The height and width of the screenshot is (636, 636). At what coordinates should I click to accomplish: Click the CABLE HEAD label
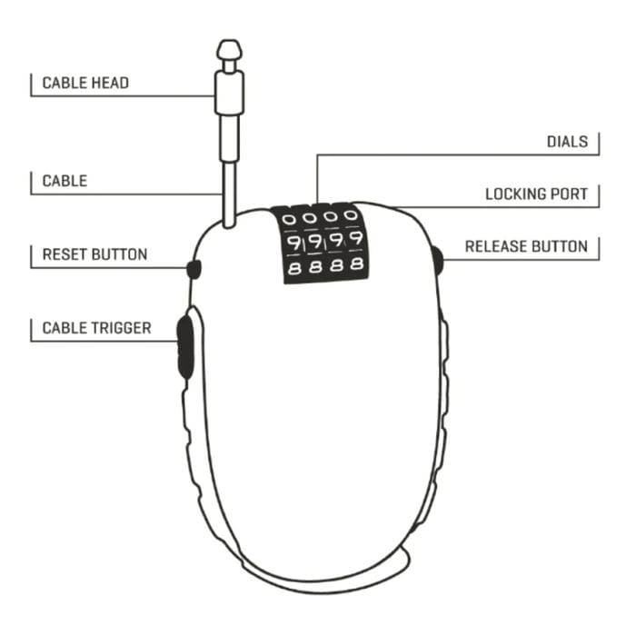(x=85, y=84)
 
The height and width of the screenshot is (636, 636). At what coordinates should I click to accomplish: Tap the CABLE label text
(x=65, y=181)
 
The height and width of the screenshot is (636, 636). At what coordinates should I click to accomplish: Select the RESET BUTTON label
(x=94, y=254)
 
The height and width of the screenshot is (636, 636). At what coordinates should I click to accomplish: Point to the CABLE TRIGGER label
(x=96, y=328)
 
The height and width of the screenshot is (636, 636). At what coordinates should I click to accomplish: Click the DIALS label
(x=567, y=142)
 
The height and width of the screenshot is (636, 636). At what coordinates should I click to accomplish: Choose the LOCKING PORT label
(x=536, y=194)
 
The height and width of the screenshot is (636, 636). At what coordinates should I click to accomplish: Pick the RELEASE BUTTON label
(x=526, y=246)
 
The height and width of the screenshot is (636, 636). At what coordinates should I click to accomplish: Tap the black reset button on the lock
(x=193, y=268)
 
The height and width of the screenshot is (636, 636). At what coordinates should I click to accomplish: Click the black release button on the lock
(x=438, y=262)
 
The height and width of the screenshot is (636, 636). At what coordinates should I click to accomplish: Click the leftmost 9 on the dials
(x=293, y=243)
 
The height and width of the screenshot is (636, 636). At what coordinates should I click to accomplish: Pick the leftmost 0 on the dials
(x=290, y=219)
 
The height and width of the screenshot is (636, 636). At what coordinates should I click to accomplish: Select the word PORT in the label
(x=568, y=194)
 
